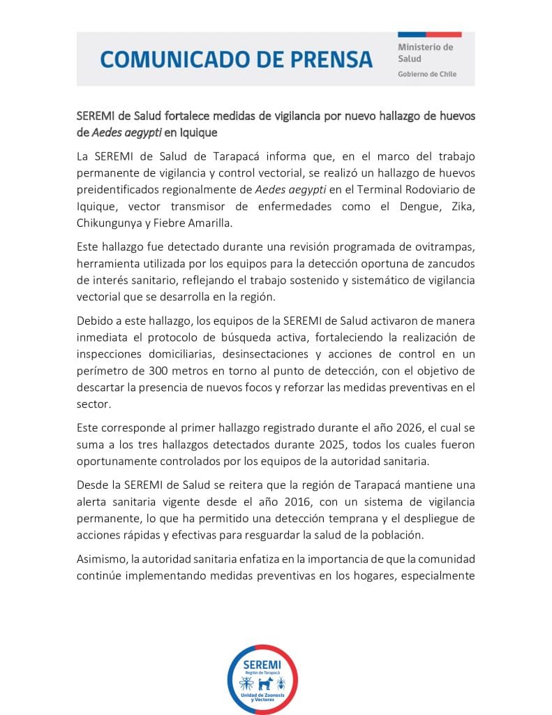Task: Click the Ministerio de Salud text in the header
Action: click(425, 53)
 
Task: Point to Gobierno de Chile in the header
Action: click(427, 74)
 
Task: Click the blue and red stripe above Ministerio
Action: click(429, 34)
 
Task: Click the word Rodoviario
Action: click(423, 191)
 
